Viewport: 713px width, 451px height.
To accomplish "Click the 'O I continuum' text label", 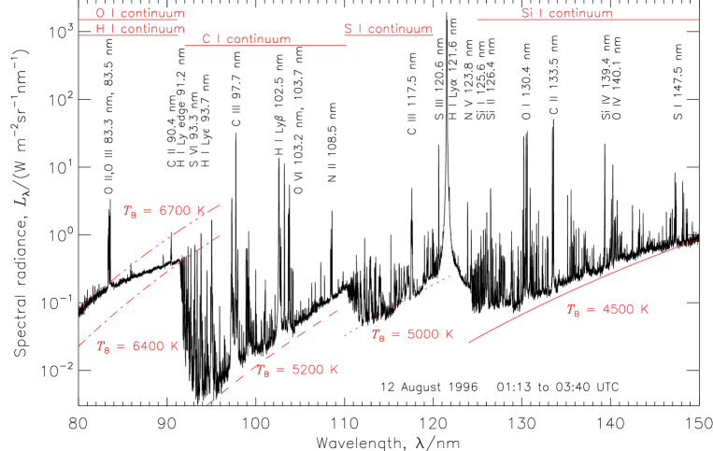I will [x=140, y=13].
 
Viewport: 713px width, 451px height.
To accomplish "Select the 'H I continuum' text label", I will [x=140, y=28].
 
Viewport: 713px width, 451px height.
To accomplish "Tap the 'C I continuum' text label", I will [x=247, y=39].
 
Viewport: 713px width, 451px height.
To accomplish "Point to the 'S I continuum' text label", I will [x=388, y=28].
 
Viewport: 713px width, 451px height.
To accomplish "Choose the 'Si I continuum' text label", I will [x=566, y=13].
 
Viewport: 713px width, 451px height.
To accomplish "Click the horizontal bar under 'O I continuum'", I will [x=132, y=20].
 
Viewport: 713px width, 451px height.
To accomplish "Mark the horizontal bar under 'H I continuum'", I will [x=132, y=35].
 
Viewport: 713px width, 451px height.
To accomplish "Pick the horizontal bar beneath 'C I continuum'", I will [x=265, y=45].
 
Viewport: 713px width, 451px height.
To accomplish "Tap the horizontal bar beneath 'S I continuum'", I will [x=388, y=35].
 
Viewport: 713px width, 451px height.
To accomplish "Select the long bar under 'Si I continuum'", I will [x=587, y=20].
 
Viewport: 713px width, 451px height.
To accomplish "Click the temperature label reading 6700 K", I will [x=164, y=211].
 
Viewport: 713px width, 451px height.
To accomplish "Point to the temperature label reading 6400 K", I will [x=137, y=346].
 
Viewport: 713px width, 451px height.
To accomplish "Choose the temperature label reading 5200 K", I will [x=297, y=370].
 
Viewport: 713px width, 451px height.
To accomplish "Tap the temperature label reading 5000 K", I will [x=412, y=334].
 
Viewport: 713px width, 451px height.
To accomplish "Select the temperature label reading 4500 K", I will [x=607, y=309].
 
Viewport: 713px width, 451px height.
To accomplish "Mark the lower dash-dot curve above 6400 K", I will [x=150, y=284].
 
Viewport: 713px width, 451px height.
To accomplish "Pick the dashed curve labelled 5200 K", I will [x=271, y=352].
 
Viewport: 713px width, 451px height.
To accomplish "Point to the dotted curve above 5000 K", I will [x=397, y=304].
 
